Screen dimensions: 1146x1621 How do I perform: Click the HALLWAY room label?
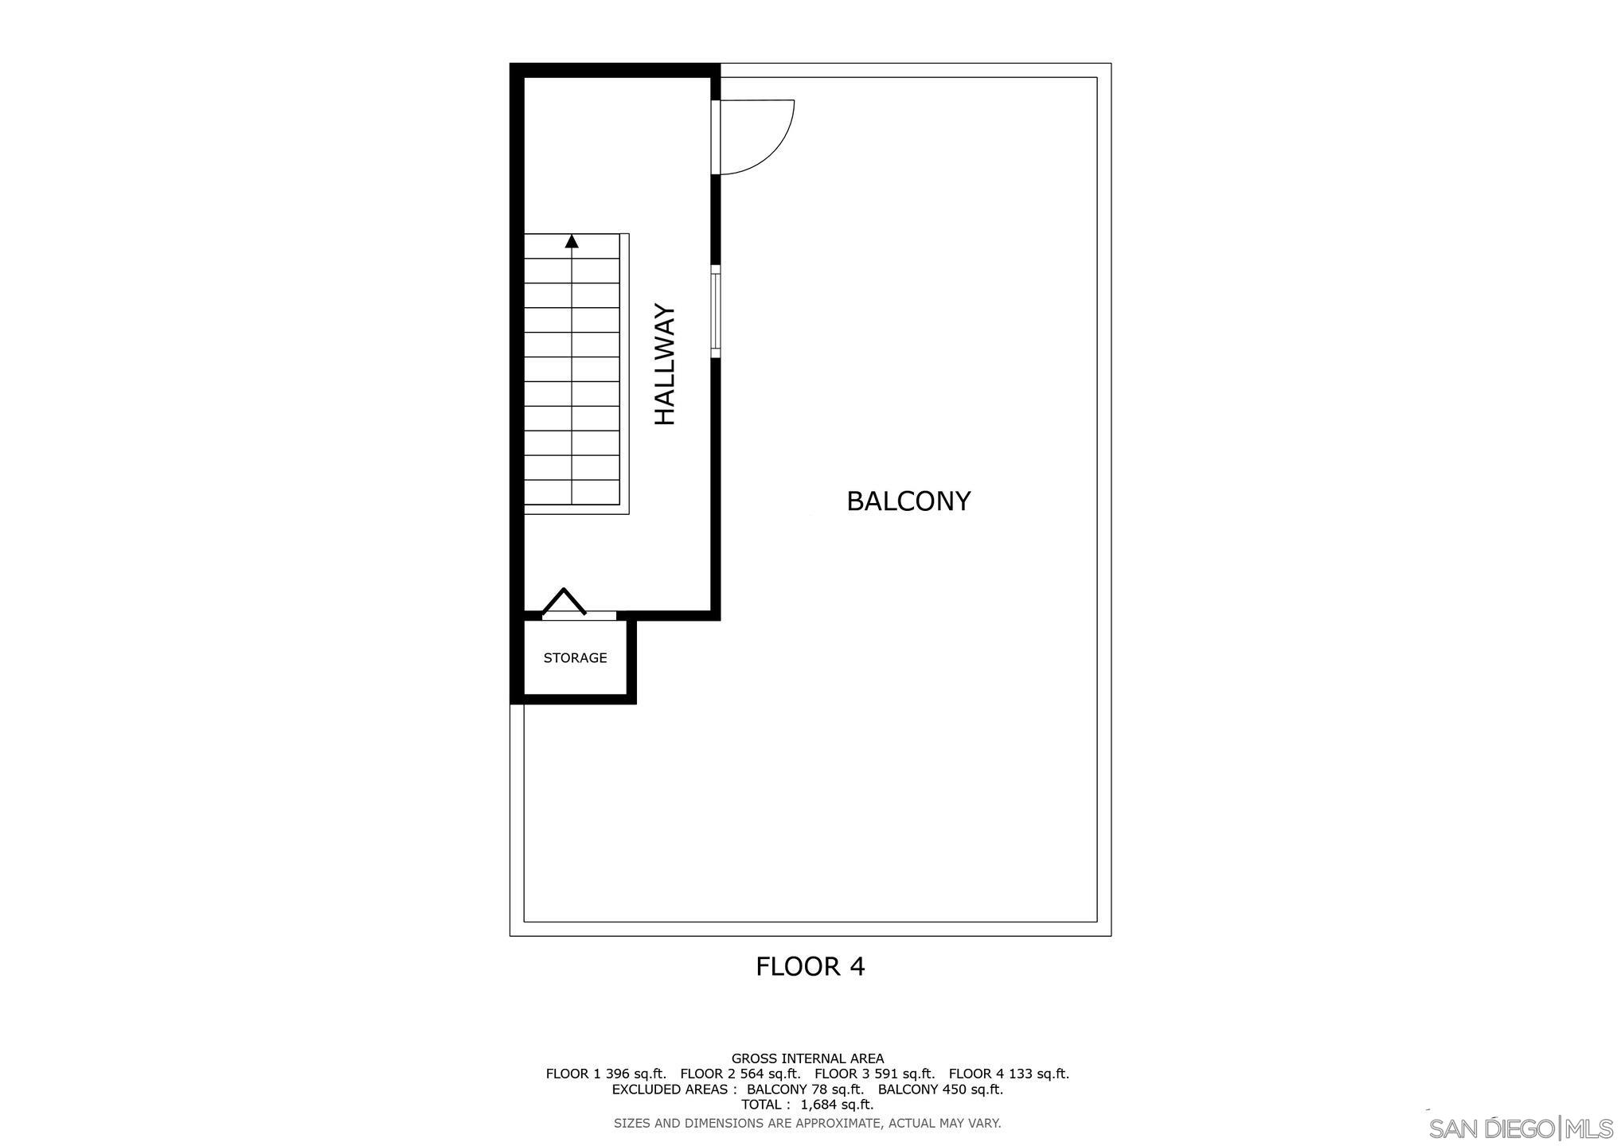click(665, 365)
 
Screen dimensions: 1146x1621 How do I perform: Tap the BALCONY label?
click(908, 501)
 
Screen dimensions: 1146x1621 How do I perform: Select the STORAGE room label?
click(575, 658)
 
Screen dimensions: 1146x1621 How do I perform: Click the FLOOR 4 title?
click(810, 966)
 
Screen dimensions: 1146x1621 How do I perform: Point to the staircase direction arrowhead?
click(572, 241)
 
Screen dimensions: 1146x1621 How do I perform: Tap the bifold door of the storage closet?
click(564, 602)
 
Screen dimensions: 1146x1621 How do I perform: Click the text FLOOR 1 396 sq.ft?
click(605, 1074)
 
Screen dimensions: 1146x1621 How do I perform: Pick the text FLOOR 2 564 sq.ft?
click(740, 1074)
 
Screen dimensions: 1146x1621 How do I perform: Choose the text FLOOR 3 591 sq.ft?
click(874, 1074)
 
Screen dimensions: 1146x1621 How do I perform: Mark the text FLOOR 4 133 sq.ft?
click(1009, 1074)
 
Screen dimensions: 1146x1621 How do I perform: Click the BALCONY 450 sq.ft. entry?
click(940, 1089)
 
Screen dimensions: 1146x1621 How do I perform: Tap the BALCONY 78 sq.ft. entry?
click(805, 1089)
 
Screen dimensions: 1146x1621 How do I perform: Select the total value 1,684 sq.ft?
click(837, 1105)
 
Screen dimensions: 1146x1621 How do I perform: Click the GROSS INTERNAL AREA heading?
click(807, 1058)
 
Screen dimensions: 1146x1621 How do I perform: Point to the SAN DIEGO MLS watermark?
click(1520, 1128)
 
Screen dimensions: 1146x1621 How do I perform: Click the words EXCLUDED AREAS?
click(674, 1089)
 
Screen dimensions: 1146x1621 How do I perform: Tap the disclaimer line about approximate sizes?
click(807, 1124)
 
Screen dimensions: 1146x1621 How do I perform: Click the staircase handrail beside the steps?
click(625, 374)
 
